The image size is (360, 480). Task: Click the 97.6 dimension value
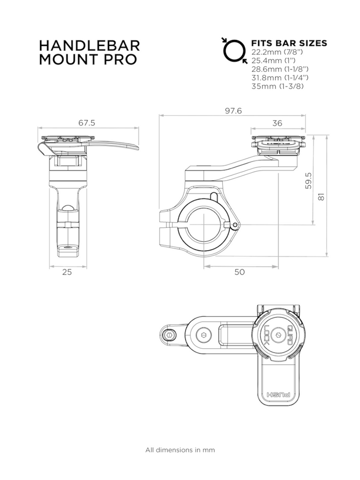coord(233,111)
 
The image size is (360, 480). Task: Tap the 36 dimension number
coord(277,123)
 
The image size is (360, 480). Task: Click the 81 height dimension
coord(321,196)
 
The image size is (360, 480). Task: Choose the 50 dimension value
coord(239,271)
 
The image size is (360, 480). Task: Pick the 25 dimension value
coord(67,272)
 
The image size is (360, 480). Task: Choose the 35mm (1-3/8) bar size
coord(277,86)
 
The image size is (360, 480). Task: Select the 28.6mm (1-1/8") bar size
coord(280,69)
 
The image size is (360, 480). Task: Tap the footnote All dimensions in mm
coord(180,450)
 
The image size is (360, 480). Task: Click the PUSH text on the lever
coord(278,395)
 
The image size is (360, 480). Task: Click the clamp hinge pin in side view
coord(235,226)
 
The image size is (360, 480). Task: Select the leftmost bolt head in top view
coord(170,334)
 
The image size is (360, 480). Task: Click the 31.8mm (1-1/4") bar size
coord(280,78)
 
